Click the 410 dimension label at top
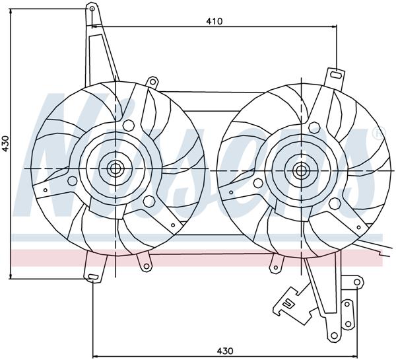213,20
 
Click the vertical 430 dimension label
6,145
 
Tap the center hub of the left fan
115,168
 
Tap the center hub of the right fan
302,170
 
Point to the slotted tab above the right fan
337,76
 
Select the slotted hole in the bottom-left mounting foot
92,274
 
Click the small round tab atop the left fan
152,82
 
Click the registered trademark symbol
377,134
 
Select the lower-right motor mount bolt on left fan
146,200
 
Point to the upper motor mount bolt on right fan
313,125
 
